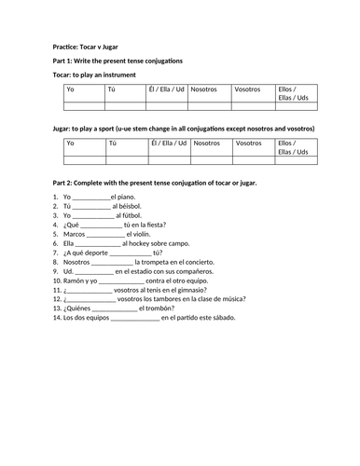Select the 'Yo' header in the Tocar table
coord(69,90)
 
